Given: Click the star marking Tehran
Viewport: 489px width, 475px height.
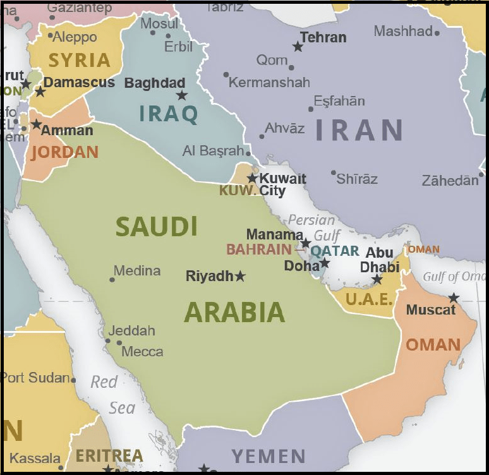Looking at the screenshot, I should coord(298,46).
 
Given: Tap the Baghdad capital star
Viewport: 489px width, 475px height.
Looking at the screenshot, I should coord(182,95).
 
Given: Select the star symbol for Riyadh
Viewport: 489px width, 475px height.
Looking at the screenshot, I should coord(240,276).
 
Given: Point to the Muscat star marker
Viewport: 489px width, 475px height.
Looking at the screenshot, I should coord(454,298).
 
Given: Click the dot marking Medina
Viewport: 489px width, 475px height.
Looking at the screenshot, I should coord(112,279).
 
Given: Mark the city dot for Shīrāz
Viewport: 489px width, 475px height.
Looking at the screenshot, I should coord(334,172).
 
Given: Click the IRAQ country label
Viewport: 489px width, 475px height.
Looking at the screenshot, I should coord(169,114).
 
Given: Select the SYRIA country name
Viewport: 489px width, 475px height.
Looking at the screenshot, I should coord(80,60).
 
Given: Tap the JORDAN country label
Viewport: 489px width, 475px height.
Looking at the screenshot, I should coord(65,152).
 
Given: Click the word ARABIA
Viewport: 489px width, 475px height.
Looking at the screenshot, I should coord(234,313).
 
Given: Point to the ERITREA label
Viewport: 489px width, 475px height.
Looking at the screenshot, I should coord(109,455).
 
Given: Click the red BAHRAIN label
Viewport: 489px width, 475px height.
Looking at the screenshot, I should coord(259,250).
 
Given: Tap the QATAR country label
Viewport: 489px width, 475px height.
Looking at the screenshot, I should coord(335,251).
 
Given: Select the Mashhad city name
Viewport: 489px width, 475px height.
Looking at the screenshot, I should coord(403,31).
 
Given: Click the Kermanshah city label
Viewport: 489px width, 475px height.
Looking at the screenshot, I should coord(270,82).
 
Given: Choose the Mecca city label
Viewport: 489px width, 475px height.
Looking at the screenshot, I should coord(142,352).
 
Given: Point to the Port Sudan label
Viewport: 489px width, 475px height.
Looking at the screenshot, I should coord(35,378).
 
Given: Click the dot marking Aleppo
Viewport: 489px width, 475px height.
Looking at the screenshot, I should coord(51,35).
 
